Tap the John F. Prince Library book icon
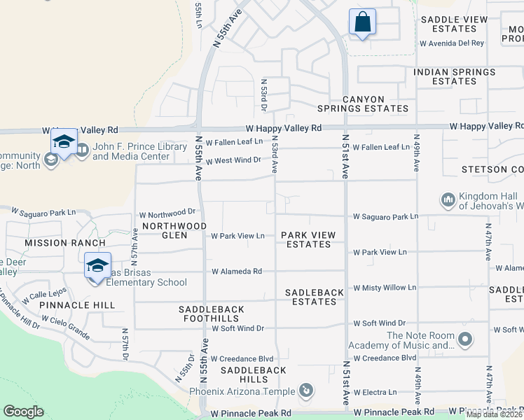point(82,149)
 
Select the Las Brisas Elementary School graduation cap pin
point(98,265)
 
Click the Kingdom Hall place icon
point(448,200)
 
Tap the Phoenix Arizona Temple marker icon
point(305,391)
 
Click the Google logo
point(23,412)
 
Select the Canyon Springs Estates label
point(362,104)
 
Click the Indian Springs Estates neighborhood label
point(454,76)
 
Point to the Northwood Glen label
point(165,230)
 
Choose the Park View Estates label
point(308,239)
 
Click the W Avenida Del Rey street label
point(451,43)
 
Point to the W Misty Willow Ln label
point(385,288)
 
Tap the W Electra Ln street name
point(375,392)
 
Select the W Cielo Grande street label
point(67,322)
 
